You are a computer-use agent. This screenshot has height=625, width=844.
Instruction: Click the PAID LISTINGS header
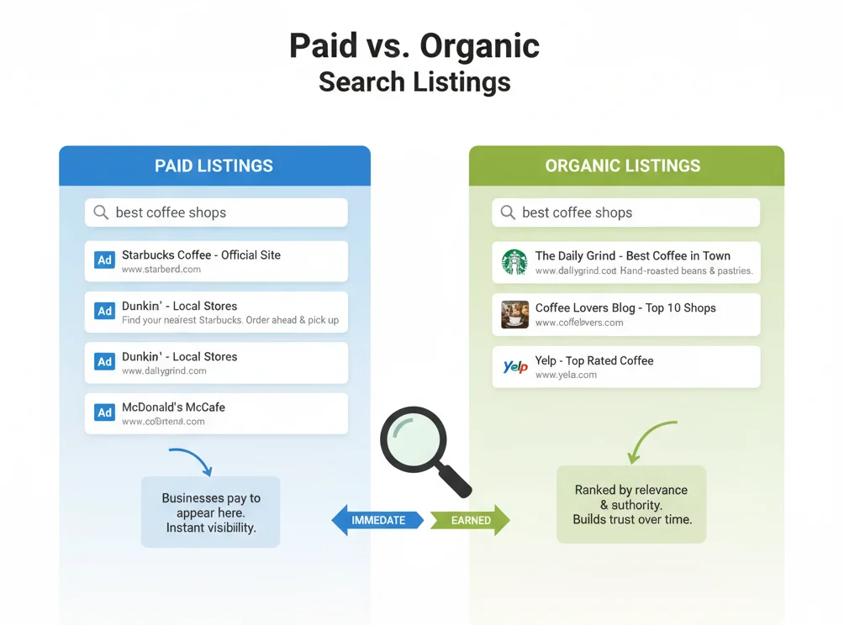pos(214,165)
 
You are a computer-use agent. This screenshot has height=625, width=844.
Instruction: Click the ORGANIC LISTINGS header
pos(622,165)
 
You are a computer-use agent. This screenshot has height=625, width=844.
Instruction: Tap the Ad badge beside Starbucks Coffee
pos(104,260)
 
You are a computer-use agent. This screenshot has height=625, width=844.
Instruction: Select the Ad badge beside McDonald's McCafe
pos(104,412)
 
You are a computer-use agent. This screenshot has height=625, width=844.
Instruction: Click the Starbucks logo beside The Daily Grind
pos(514,262)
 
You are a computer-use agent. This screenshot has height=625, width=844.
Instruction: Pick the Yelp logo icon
pos(514,367)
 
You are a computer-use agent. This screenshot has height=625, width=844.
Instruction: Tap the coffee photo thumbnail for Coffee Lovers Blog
pos(514,314)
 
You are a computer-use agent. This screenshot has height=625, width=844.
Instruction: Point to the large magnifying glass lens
pos(414,439)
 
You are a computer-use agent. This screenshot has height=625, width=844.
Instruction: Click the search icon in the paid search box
pos(101,213)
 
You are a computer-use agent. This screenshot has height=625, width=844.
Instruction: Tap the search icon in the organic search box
pos(508,213)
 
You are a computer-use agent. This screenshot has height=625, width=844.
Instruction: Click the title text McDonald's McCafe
pos(173,407)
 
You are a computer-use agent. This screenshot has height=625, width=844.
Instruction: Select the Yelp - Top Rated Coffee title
pos(593,360)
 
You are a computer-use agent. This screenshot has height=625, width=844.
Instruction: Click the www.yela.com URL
pos(566,375)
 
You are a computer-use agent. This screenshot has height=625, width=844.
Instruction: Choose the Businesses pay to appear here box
pos(211,512)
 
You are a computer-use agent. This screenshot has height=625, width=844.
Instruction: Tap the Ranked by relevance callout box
pos(631,504)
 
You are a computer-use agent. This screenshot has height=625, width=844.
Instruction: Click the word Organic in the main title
pos(480,45)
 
